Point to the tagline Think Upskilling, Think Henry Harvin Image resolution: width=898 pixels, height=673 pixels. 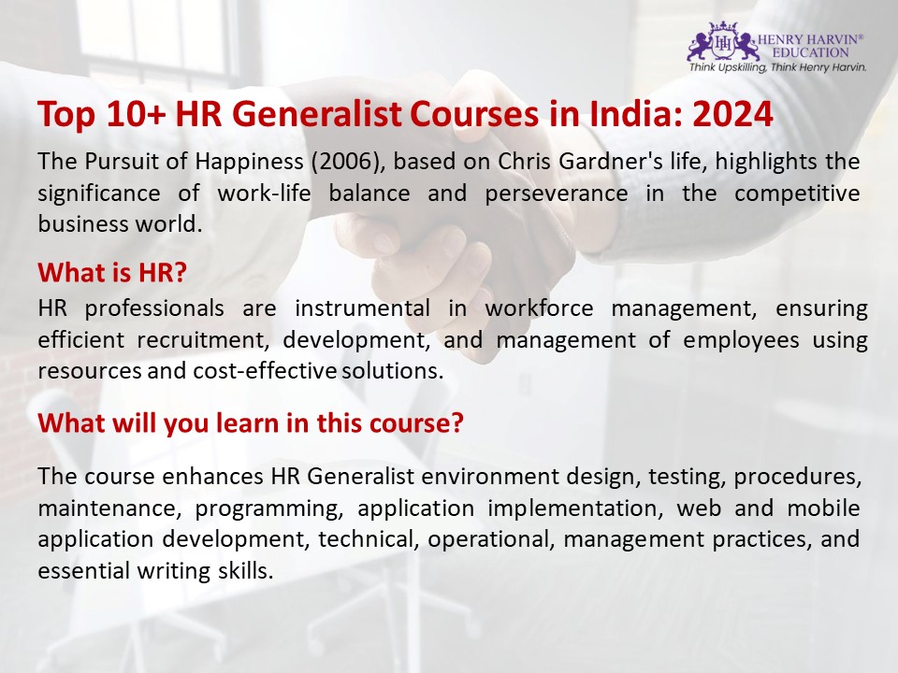click(x=777, y=67)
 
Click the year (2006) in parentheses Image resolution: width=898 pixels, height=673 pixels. click(x=344, y=161)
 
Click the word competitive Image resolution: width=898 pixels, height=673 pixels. click(x=797, y=193)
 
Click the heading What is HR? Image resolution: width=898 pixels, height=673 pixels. click(x=113, y=273)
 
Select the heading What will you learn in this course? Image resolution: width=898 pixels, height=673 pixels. click(x=251, y=422)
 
